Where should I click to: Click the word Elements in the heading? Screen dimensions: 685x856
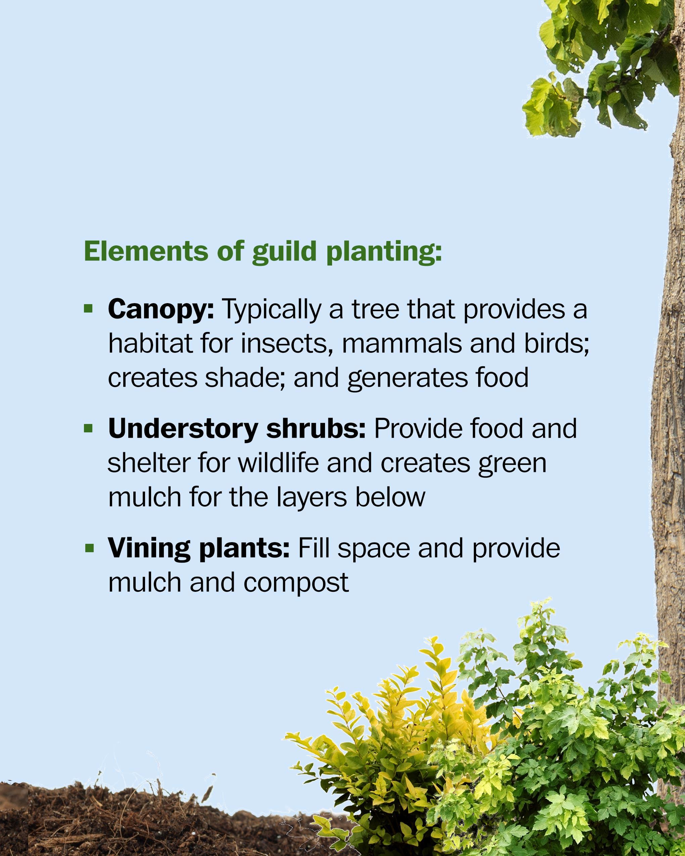(146, 251)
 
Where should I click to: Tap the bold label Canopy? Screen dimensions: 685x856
(161, 310)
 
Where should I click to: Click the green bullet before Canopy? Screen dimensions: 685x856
(89, 308)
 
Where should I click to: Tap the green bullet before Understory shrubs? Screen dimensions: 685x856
(89, 428)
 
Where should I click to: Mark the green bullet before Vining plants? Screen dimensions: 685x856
(89, 548)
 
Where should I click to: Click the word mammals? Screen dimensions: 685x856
(402, 343)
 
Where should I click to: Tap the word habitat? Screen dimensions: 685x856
(150, 343)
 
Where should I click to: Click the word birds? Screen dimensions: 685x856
(556, 344)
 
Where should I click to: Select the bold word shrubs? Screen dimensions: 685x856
(316, 429)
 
